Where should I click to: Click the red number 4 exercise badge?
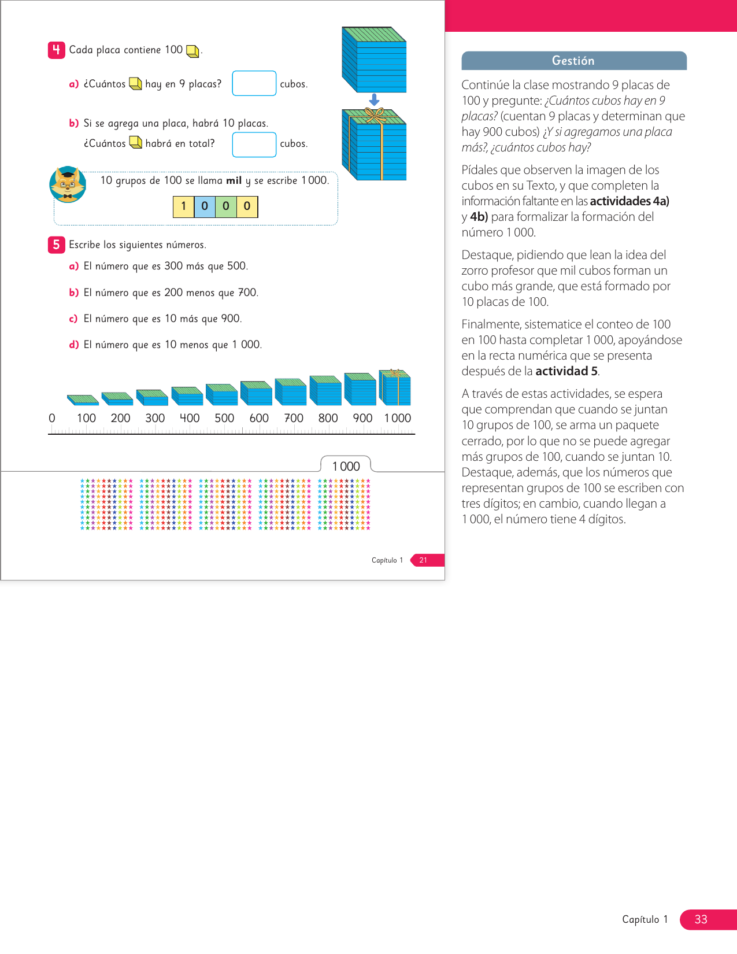tap(56, 50)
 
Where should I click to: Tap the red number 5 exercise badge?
tap(56, 245)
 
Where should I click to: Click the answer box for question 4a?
tap(254, 83)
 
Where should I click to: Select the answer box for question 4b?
tap(254, 145)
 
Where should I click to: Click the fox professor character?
tap(68, 184)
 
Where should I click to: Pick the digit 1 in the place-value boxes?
tap(183, 206)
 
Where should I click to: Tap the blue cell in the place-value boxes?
tap(205, 206)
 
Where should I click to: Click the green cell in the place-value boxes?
tap(226, 206)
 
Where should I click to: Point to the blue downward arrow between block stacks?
tap(374, 100)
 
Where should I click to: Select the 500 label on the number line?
tap(224, 418)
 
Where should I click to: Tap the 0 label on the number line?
tap(52, 418)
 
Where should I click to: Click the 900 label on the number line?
tap(362, 418)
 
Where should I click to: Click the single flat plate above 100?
tap(83, 399)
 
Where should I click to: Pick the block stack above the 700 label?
tap(291, 391)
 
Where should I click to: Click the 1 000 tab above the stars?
tap(346, 466)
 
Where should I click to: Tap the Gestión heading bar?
tap(573, 61)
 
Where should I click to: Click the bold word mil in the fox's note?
tap(234, 180)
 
